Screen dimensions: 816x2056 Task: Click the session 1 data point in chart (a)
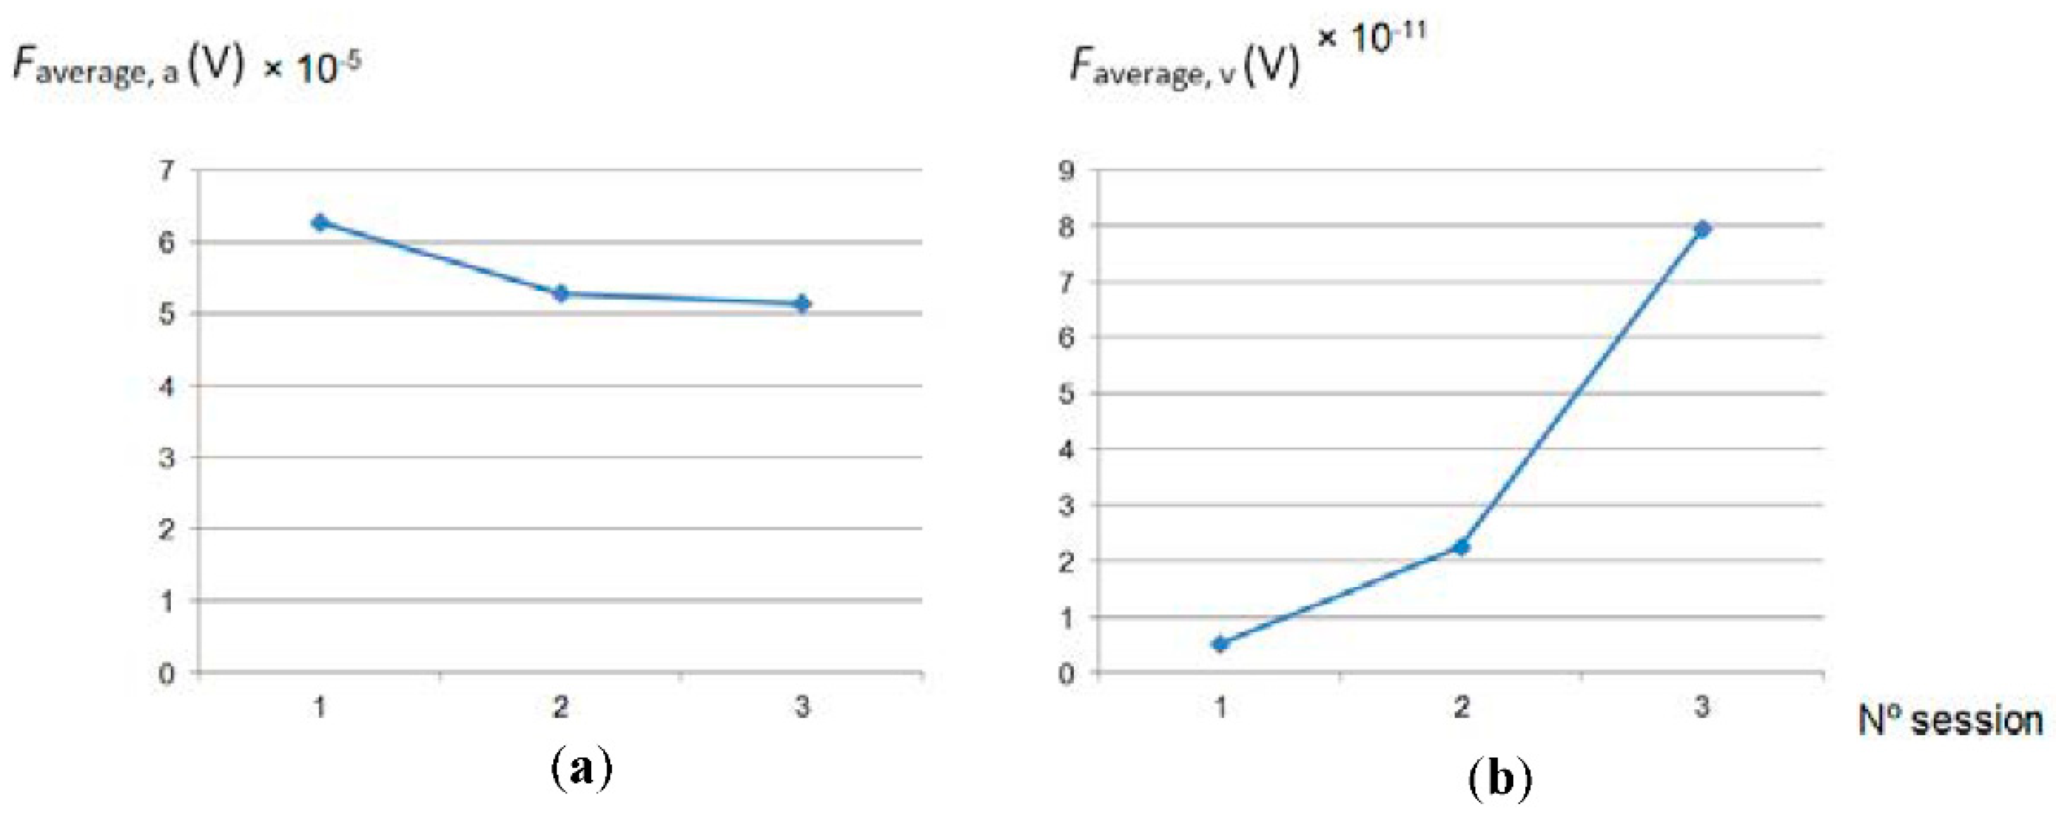tap(320, 222)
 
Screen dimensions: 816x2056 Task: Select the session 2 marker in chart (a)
tap(561, 293)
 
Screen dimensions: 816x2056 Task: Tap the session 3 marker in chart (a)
tap(802, 303)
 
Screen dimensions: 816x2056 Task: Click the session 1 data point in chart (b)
tap(1219, 643)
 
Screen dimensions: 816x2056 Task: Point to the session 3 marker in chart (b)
tap(1702, 229)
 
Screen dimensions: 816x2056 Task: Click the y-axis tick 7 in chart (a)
tap(167, 170)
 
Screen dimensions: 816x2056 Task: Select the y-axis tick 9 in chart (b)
tap(1066, 170)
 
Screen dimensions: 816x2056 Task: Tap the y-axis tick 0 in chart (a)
tap(167, 673)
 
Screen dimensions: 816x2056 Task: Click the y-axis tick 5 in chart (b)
tap(1066, 393)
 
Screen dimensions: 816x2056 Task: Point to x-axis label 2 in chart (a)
tap(561, 707)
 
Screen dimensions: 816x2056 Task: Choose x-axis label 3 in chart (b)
tap(1702, 707)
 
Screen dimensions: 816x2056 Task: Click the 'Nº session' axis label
tap(1949, 721)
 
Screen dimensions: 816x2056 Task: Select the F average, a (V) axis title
tap(128, 68)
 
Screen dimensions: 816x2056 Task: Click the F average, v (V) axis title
tap(1185, 68)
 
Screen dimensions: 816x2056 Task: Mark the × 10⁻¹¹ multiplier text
tap(1370, 36)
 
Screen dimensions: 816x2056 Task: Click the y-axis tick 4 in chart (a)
tap(167, 386)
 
